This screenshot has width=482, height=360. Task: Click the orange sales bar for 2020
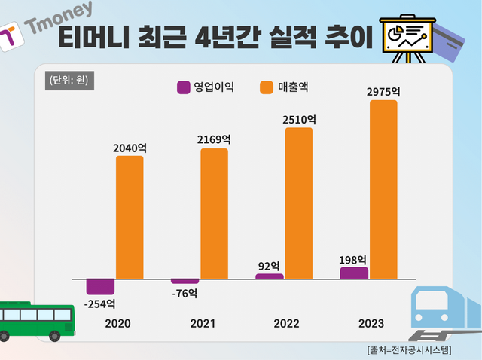pos(130,217)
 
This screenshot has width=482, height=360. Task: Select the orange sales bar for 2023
pos(383,189)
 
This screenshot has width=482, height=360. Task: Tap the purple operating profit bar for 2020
pos(100,286)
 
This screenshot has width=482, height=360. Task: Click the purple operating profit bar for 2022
pos(270,276)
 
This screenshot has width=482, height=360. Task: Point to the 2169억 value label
pos(214,139)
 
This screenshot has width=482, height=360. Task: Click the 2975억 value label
pos(383,91)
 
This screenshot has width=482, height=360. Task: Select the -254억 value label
pos(99,304)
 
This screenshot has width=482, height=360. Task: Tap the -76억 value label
pos(185,292)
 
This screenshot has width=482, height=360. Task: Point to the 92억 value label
pos(269,265)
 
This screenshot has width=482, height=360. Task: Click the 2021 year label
pos(203,323)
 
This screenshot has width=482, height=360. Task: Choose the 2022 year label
pos(287,323)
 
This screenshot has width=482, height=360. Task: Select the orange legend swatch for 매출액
pos(267,87)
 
